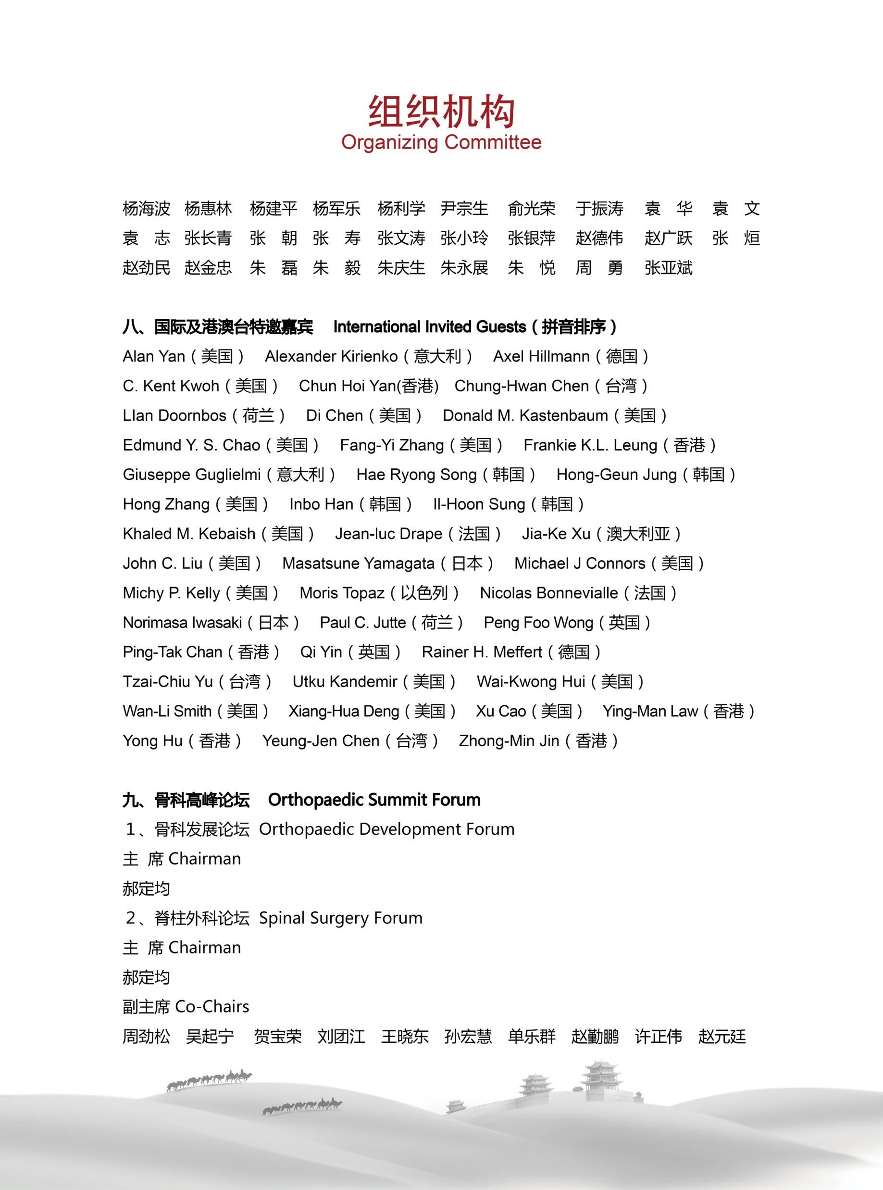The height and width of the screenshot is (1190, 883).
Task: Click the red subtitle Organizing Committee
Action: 441,142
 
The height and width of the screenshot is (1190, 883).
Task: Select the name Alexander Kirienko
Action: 331,357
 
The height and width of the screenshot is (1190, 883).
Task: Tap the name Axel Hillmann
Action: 541,357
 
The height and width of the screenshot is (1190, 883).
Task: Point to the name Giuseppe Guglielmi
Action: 191,475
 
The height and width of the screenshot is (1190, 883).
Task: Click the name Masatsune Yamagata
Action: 358,564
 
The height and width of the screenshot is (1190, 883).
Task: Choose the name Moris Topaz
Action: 342,593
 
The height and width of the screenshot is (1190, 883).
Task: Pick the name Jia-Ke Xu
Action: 556,534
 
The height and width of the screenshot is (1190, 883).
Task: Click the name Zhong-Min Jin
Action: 509,741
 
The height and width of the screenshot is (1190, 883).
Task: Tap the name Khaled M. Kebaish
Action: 189,534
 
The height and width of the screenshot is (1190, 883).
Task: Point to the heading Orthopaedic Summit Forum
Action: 374,800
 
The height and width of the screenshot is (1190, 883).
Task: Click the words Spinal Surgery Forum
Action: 341,918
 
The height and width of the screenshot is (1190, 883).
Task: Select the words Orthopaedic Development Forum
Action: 386,829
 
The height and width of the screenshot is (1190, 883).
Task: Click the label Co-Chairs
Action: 211,1007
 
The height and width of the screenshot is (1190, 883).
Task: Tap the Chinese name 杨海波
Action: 146,209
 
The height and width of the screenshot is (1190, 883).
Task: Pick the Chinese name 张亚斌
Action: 668,268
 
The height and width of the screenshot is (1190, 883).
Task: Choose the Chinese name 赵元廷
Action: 721,1037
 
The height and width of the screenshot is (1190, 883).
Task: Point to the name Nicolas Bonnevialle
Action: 549,593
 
